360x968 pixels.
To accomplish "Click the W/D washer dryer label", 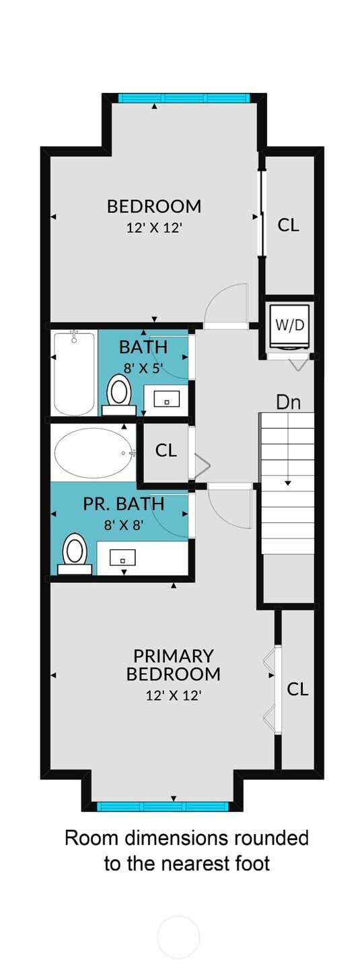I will (290, 324).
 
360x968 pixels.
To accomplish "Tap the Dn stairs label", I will (288, 403).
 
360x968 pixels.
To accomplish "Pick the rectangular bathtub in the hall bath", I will (74, 374).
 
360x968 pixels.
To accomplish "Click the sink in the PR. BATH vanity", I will (122, 557).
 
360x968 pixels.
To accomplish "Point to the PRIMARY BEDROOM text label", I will (173, 664).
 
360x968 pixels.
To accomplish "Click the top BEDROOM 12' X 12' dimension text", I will (154, 228).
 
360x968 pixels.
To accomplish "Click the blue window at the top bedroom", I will (184, 98).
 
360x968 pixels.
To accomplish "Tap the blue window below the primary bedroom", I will (165, 806).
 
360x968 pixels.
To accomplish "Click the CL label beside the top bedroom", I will (289, 225).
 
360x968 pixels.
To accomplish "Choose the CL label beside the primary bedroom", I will (297, 689).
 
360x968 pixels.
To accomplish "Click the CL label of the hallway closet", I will (166, 450).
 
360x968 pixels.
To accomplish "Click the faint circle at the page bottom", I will (178, 936).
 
